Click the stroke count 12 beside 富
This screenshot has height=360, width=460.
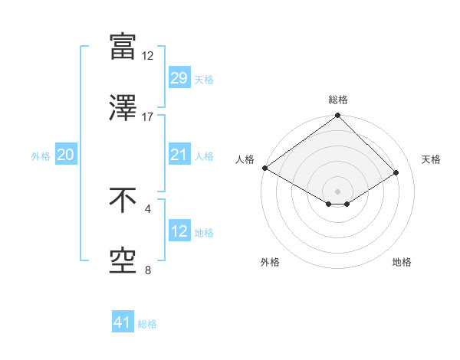[x=148, y=55]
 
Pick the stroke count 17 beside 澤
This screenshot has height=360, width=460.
[x=148, y=116]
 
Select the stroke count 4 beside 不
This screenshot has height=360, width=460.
[x=148, y=208]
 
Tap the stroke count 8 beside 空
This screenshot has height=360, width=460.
[x=148, y=270]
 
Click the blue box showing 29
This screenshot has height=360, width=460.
[x=179, y=78]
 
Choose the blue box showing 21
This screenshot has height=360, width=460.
[x=179, y=155]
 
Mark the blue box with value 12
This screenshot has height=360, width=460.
[x=179, y=231]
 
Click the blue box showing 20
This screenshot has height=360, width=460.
[x=65, y=155]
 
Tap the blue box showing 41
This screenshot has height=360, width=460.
[x=123, y=323]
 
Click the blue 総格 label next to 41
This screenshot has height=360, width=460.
[x=147, y=324]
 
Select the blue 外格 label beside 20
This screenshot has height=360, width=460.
[x=41, y=156]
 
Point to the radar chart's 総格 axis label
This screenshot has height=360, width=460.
[x=337, y=100]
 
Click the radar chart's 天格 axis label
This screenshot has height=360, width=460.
[x=431, y=159]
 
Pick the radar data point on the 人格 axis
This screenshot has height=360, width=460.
[x=264, y=168]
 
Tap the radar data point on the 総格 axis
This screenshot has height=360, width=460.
[x=337, y=116]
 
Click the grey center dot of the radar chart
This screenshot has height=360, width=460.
[x=337, y=190]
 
